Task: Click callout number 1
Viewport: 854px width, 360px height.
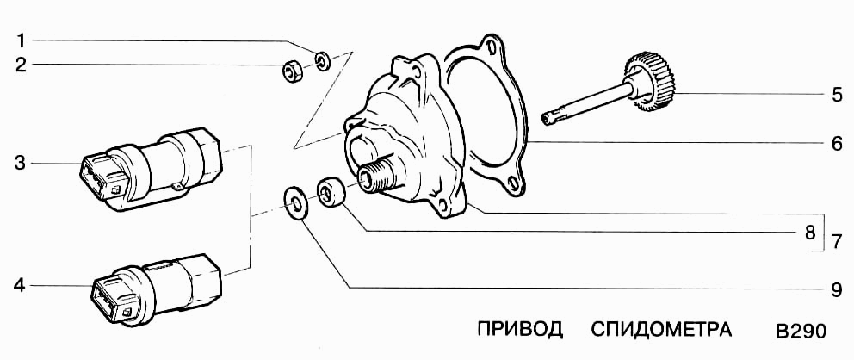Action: (x=22, y=40)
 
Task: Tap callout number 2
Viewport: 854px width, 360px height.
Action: (x=22, y=64)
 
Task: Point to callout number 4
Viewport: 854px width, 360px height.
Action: (x=22, y=285)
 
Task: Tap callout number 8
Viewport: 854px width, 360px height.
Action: (x=809, y=232)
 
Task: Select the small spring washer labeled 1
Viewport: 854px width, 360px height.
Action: (x=323, y=60)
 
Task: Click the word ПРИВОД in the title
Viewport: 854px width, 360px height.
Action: (x=519, y=330)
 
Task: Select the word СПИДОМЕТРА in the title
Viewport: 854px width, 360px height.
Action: (x=661, y=330)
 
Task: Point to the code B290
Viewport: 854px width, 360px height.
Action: (x=801, y=332)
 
